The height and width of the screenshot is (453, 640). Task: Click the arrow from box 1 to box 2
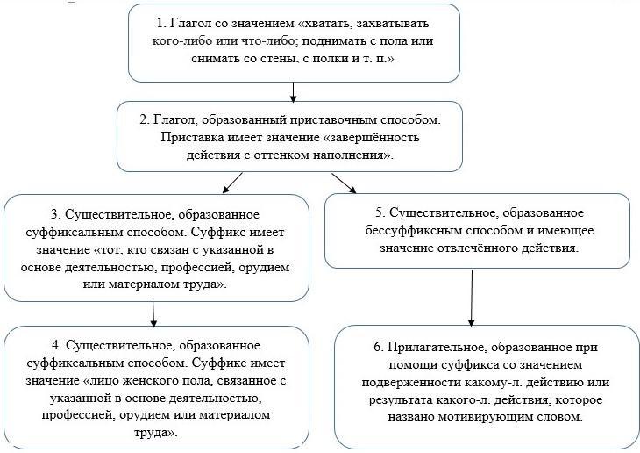tap(293, 92)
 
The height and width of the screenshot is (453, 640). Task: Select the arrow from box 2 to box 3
tap(232, 183)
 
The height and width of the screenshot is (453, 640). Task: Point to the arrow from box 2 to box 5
tap(344, 183)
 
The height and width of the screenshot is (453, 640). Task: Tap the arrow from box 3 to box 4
tap(153, 313)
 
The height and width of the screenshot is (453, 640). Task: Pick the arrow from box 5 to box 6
tap(472, 298)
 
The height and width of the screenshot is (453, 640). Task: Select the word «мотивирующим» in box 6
tap(483, 417)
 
